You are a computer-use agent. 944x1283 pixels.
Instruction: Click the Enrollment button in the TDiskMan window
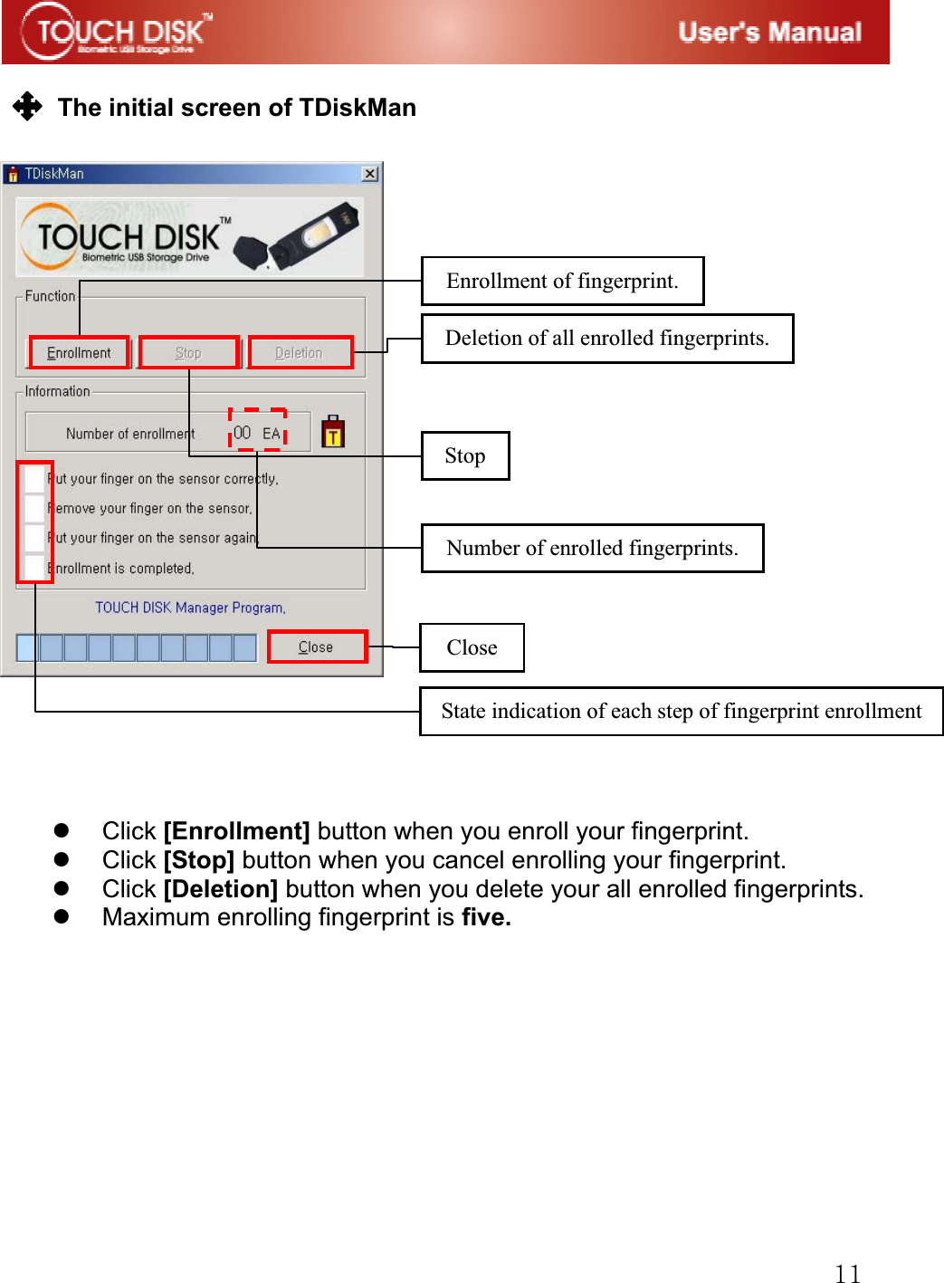[x=79, y=352]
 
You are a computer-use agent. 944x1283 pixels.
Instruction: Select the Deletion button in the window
[x=300, y=352]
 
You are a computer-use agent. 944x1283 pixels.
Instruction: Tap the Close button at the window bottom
[x=317, y=646]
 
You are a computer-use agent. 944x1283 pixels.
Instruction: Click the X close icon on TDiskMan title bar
[x=370, y=173]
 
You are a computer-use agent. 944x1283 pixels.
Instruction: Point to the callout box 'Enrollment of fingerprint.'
[x=562, y=281]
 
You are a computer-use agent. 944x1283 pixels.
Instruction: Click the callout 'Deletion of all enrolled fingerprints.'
[x=606, y=338]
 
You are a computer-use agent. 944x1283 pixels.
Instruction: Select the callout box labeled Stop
[x=465, y=455]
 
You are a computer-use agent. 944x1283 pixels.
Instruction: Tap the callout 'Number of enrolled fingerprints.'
[x=592, y=548]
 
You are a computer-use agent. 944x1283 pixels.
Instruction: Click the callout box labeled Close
[x=472, y=647]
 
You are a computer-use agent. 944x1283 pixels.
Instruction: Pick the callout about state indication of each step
[x=681, y=711]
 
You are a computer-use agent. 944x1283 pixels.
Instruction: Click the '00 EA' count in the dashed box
[x=257, y=433]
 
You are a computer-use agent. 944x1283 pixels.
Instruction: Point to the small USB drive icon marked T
[x=333, y=431]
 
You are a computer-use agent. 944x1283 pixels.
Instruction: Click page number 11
[x=847, y=1272]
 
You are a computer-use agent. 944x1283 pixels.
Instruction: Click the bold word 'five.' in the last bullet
[x=486, y=917]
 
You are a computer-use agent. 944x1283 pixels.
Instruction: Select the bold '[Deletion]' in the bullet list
[x=221, y=888]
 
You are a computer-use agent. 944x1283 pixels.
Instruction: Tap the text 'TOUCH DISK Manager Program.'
[x=190, y=608]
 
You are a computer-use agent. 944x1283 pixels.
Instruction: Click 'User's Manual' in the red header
[x=769, y=33]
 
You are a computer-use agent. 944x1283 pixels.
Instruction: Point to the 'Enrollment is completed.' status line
[x=121, y=569]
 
